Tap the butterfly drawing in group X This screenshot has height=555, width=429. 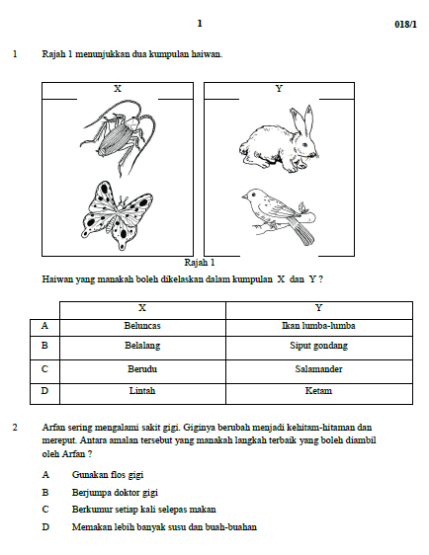tap(117, 216)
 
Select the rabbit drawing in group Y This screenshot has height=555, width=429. tap(279, 140)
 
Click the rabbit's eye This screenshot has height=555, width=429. tap(304, 144)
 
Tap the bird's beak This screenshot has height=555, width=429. tap(244, 196)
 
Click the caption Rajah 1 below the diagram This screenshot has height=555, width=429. tap(200, 263)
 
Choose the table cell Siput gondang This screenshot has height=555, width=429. tap(319, 348)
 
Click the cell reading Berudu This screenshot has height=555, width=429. tap(142, 371)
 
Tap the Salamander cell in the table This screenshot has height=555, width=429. tap(319, 371)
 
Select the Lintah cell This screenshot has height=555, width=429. tap(142, 394)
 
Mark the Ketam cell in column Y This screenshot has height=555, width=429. tap(319, 394)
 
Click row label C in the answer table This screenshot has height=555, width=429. tap(44, 369)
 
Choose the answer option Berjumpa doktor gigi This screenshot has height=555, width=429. tap(115, 493)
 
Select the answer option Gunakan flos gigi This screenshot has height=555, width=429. tap(108, 475)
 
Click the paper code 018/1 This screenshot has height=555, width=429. tap(405, 24)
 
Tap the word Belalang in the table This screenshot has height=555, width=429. tap(142, 346)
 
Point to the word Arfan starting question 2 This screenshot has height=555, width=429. tap(52, 428)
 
